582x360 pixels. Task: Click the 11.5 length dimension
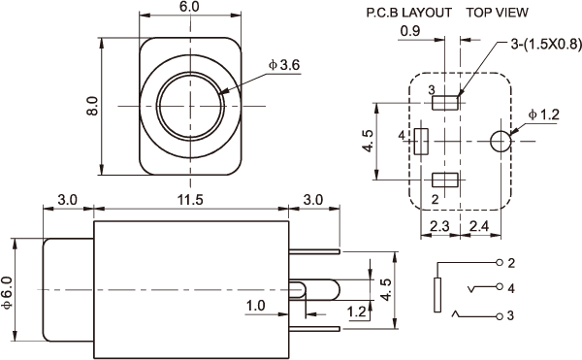(x=190, y=200)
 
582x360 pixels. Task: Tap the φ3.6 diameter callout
(x=284, y=65)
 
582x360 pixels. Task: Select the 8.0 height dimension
(x=92, y=106)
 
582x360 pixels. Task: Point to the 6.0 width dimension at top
(x=189, y=7)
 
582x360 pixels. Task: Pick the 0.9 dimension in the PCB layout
(x=410, y=31)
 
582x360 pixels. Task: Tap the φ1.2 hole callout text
(x=544, y=115)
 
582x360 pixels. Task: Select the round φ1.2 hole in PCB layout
(x=501, y=142)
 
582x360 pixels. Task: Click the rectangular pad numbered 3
(x=444, y=103)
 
